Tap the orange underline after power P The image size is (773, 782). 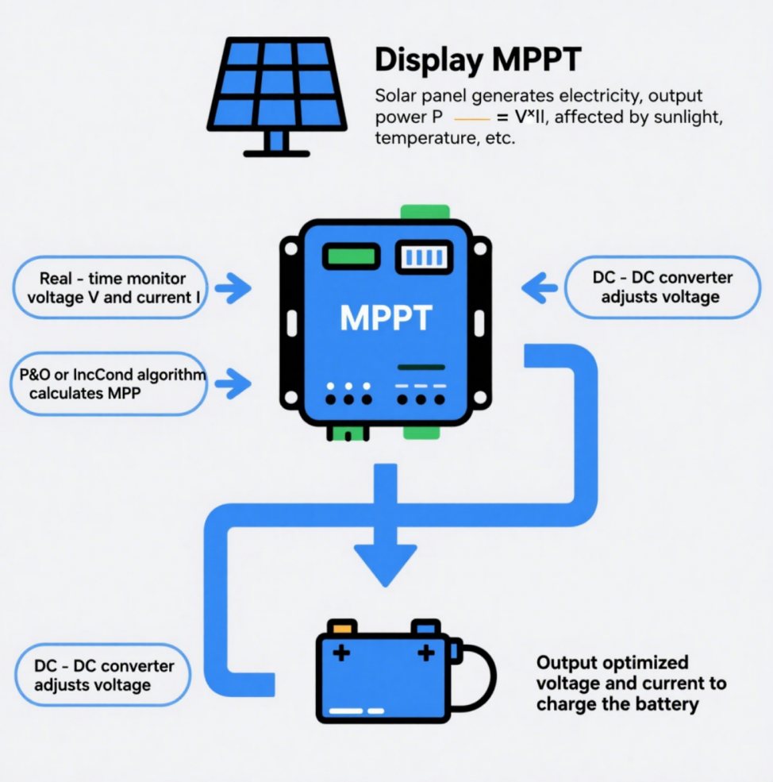click(x=471, y=117)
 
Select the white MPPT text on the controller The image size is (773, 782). click(x=386, y=318)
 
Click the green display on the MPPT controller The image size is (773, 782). click(x=350, y=256)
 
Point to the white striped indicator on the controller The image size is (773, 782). click(x=423, y=256)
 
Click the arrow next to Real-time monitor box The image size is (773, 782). click(x=233, y=289)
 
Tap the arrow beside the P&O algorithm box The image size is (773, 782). click(x=233, y=383)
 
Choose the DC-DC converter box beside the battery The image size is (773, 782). click(x=104, y=675)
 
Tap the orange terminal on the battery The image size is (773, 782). click(x=343, y=627)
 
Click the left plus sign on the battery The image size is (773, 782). click(x=341, y=653)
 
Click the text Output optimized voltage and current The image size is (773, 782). click(x=630, y=683)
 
